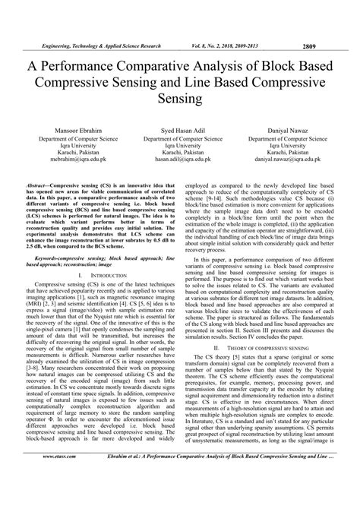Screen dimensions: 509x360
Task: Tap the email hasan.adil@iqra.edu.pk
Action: [180, 162]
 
